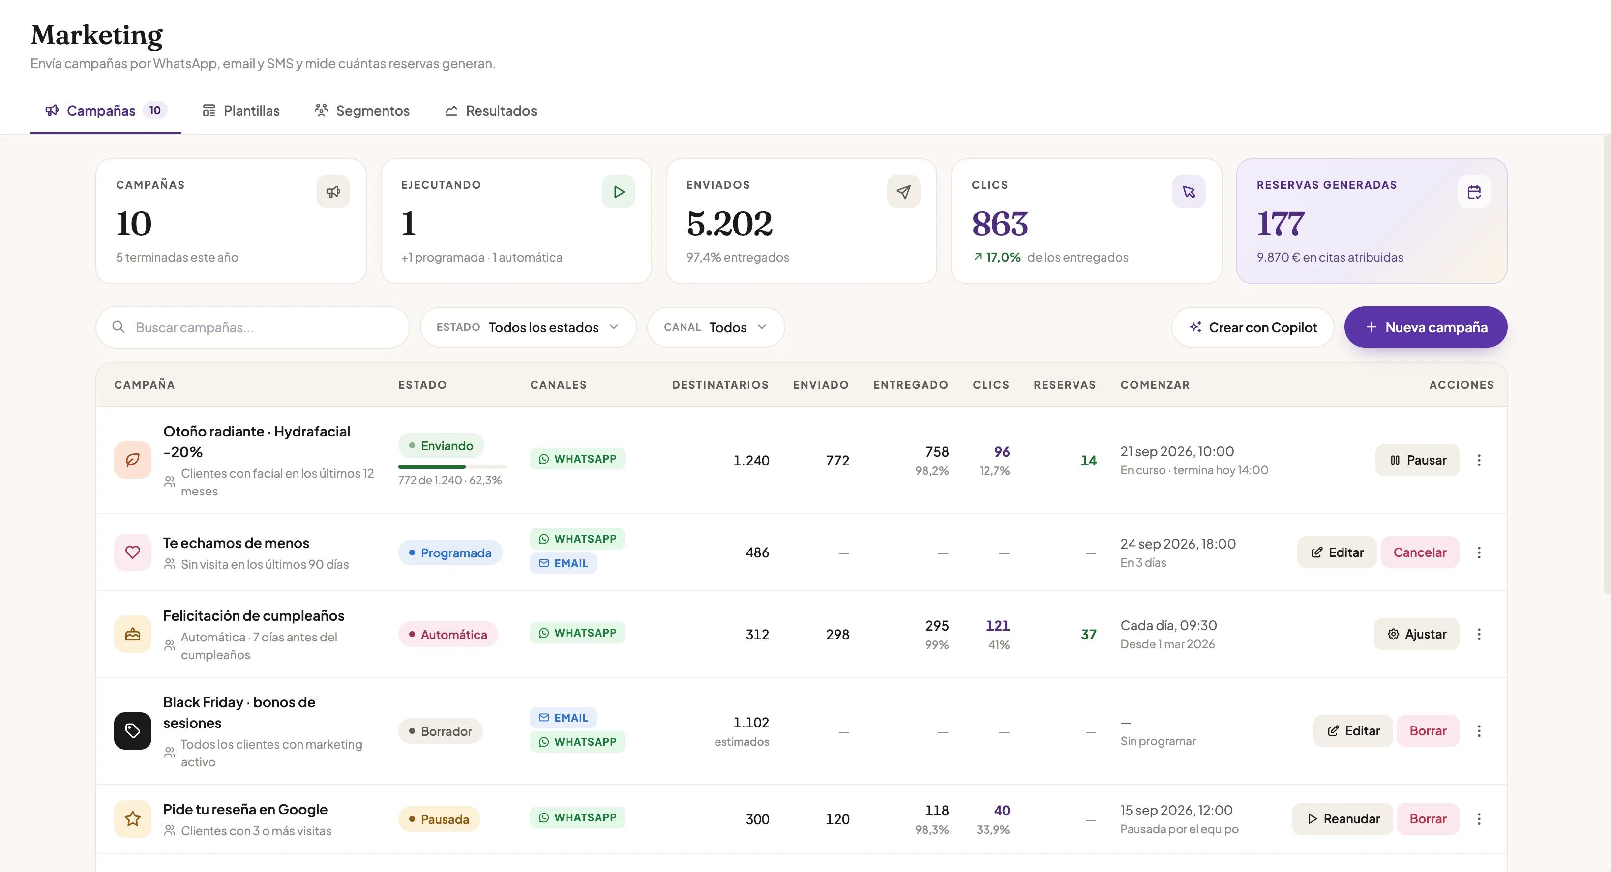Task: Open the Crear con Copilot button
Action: [1253, 327]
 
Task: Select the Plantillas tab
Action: [241, 111]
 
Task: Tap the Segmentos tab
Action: [362, 111]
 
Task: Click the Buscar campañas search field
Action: [253, 327]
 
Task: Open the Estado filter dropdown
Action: [529, 327]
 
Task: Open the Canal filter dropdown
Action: [716, 327]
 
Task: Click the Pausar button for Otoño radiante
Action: [1417, 460]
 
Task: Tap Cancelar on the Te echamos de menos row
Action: [1420, 552]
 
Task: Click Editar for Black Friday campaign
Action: [1353, 731]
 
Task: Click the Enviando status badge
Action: [441, 446]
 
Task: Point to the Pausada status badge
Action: [439, 819]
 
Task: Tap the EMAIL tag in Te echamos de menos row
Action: [563, 563]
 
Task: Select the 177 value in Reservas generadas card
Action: [1281, 224]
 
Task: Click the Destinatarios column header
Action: [720, 385]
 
